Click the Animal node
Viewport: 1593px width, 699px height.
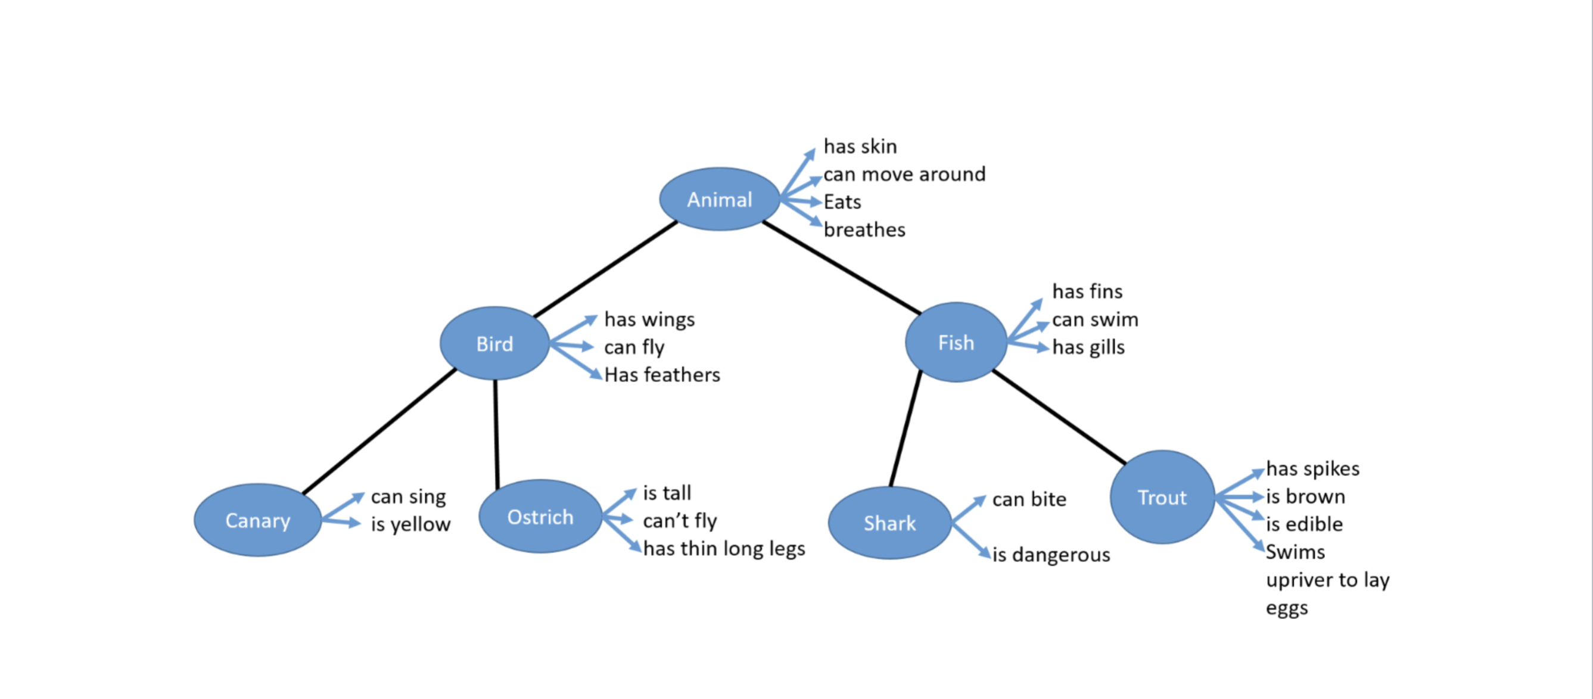pyautogui.click(x=719, y=199)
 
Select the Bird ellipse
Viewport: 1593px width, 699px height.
pyautogui.click(x=494, y=343)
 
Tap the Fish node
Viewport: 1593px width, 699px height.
pyautogui.click(x=956, y=342)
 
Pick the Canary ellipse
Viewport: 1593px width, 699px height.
pyautogui.click(x=257, y=520)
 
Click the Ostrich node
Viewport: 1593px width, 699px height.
pyautogui.click(x=540, y=517)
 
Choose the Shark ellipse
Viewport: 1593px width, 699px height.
pyautogui.click(x=889, y=523)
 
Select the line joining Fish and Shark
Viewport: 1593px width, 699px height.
pyautogui.click(x=906, y=429)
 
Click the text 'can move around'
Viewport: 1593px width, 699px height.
pyautogui.click(x=904, y=175)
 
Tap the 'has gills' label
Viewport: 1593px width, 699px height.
pyautogui.click(x=1088, y=347)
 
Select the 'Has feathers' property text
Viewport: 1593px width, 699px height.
pyautogui.click(x=662, y=375)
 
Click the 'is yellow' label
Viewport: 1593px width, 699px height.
pyautogui.click(x=410, y=524)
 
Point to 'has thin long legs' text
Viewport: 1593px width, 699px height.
pyautogui.click(x=724, y=549)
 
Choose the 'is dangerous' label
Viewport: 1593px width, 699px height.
pyautogui.click(x=1051, y=555)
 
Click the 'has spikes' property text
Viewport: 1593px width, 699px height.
pyautogui.click(x=1312, y=469)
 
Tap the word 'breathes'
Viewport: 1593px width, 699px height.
pyautogui.click(x=864, y=230)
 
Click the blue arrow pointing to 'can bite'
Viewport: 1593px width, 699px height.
pyautogui.click(x=969, y=509)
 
